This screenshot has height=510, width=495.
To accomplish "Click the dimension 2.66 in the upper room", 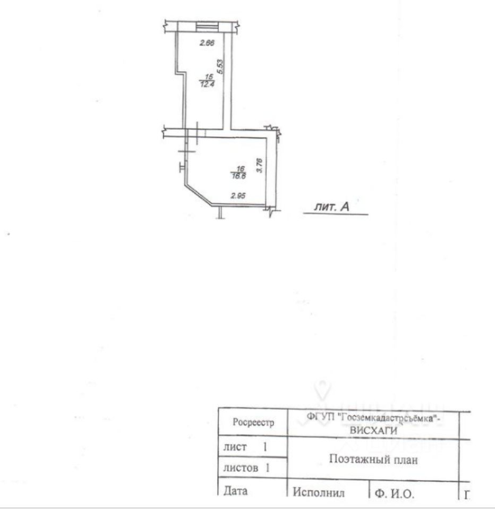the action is pos(206,43).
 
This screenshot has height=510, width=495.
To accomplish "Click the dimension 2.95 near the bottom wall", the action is pos(237,195).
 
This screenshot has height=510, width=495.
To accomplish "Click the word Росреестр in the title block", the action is pos(253,423).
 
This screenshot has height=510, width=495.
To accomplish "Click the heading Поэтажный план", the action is pos(372,460).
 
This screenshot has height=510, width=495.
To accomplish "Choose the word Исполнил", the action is pos(319,494).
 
